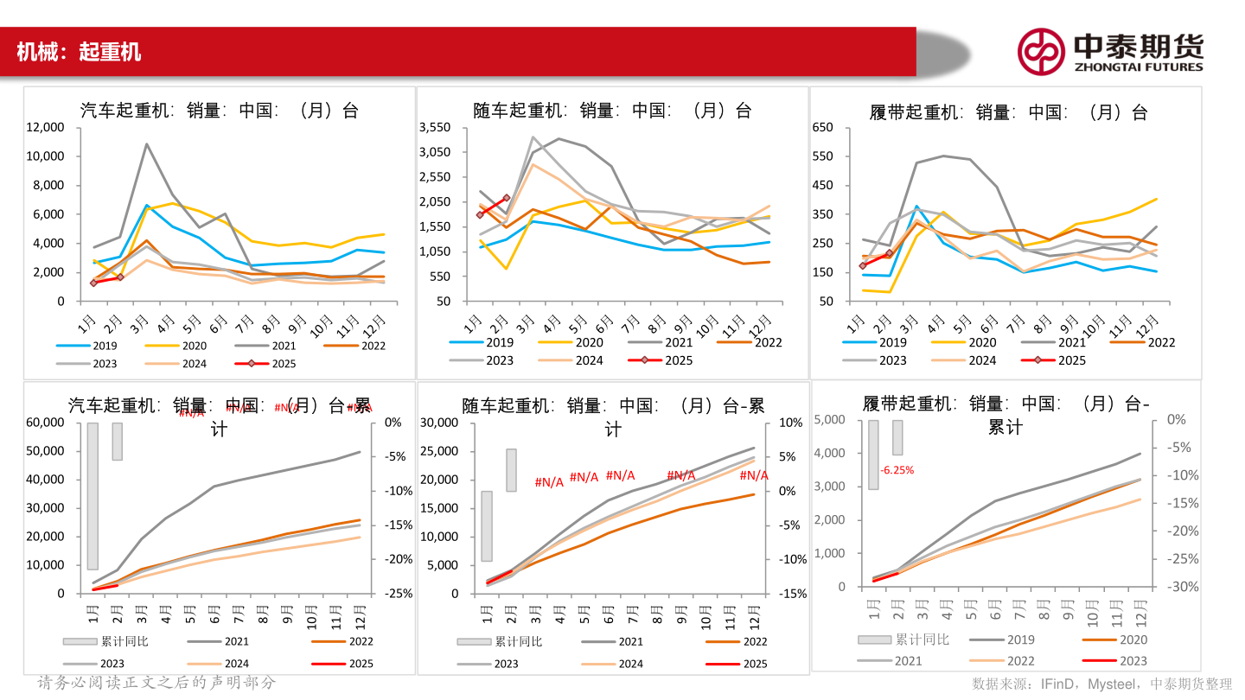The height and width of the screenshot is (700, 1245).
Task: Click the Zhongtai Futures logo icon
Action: pos(1040,51)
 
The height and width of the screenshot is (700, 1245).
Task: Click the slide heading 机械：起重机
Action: pos(79,52)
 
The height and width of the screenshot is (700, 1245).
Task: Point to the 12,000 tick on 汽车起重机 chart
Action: pos(44,127)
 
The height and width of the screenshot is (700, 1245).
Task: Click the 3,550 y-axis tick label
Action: pos(434,127)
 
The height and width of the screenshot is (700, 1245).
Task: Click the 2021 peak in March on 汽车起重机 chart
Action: pos(147,144)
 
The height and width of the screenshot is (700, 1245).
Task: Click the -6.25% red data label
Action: pos(897,470)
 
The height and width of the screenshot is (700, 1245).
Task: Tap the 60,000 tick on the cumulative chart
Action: pos(44,423)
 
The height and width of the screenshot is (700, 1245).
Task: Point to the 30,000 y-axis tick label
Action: pos(438,423)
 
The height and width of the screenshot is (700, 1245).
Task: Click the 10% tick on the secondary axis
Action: pos(791,423)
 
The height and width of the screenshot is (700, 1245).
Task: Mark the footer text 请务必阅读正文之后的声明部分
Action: pos(156,683)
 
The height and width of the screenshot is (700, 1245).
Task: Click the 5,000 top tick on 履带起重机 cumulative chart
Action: pos(830,420)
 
